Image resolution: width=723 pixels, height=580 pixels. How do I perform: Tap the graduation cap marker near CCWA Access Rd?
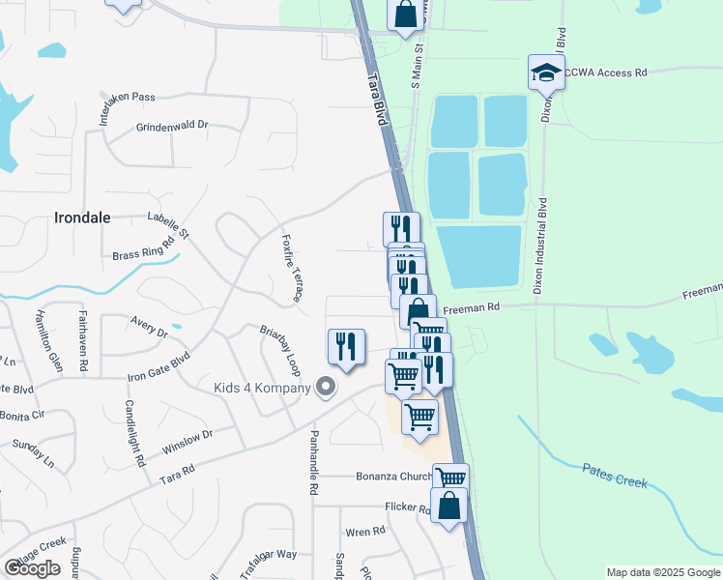point(545,73)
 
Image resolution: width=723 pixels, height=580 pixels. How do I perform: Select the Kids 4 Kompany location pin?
point(326,388)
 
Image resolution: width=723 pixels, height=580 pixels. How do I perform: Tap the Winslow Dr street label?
point(187,444)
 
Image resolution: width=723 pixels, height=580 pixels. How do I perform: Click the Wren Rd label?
point(364,532)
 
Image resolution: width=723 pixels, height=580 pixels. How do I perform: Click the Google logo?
point(33,567)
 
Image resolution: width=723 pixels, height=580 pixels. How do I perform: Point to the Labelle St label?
point(169,225)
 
